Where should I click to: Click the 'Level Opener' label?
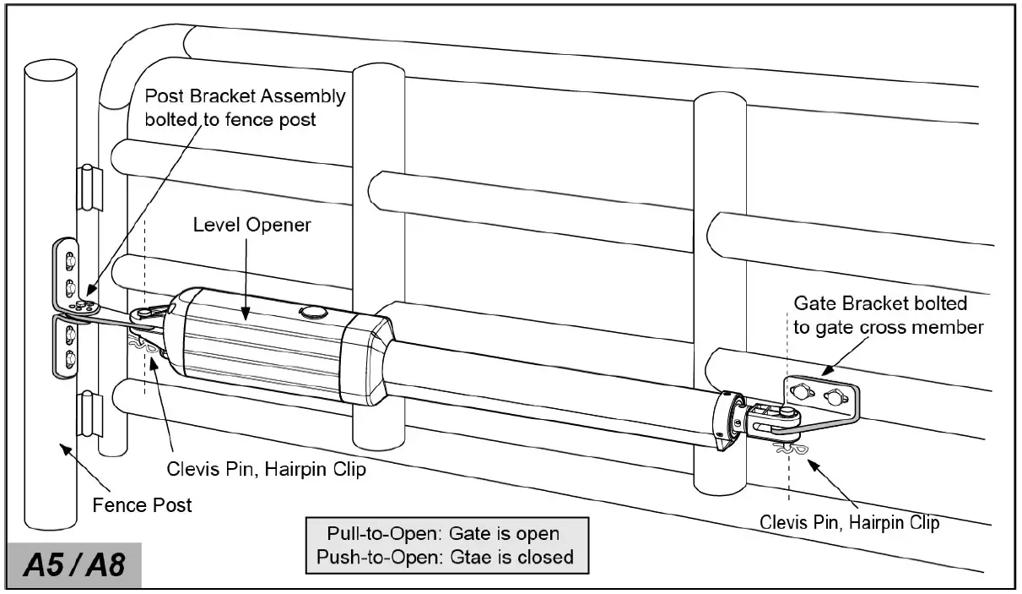click(x=251, y=225)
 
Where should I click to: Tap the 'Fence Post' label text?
click(x=142, y=505)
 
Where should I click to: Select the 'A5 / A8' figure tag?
click(x=74, y=564)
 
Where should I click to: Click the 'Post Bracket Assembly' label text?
click(x=245, y=96)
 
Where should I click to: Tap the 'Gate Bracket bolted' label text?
click(x=880, y=303)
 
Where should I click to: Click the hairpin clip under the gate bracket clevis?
click(x=791, y=447)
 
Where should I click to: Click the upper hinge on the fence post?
click(x=89, y=183)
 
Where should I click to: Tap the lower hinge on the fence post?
click(x=89, y=411)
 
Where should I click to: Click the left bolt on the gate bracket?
click(x=799, y=390)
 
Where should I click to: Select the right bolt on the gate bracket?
click(x=835, y=395)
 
